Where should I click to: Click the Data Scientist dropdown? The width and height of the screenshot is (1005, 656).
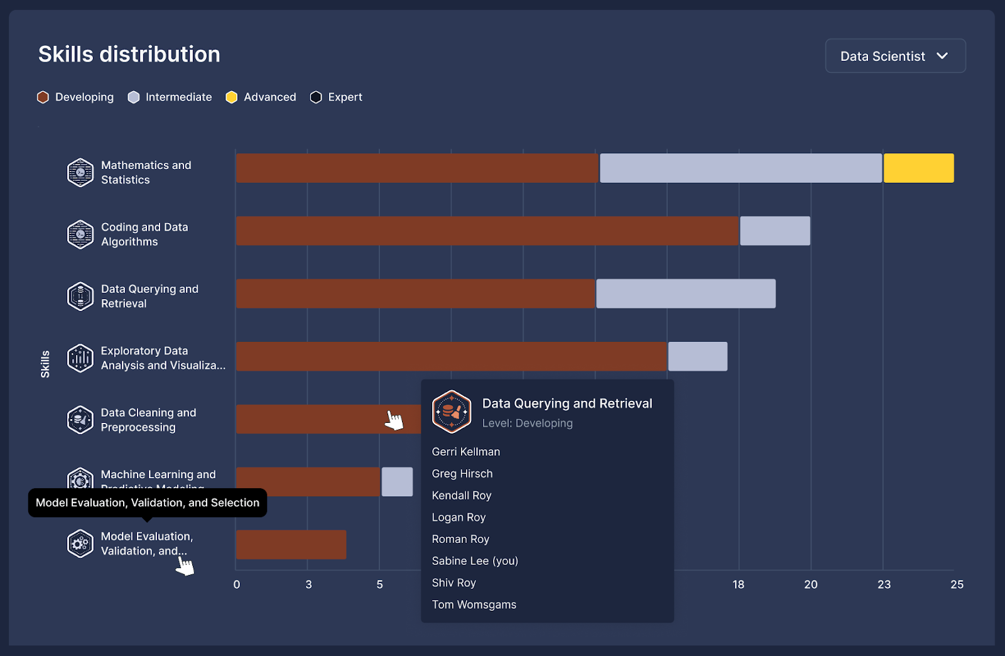[x=894, y=56]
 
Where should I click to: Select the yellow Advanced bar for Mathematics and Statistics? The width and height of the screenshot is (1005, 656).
[x=918, y=168]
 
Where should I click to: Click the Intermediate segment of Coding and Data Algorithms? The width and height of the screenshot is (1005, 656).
[x=774, y=231]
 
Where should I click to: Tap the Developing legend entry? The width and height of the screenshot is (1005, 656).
[x=75, y=97]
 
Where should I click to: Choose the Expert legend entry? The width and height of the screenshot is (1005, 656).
[x=337, y=97]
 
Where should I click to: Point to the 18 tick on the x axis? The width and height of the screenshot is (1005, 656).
[x=739, y=584]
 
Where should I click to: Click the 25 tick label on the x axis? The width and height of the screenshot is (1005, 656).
[x=957, y=584]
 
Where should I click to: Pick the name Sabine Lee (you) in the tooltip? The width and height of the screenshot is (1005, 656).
[x=475, y=561]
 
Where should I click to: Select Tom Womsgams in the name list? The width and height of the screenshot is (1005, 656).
[x=474, y=604]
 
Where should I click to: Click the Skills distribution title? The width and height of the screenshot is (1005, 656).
[x=129, y=55]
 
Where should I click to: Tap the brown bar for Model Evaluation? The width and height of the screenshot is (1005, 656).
[x=291, y=545]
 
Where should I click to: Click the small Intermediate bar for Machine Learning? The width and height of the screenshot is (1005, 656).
[x=397, y=482]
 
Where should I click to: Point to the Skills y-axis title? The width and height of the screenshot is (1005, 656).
[x=45, y=364]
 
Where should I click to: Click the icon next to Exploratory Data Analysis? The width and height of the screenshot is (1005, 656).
[x=80, y=358]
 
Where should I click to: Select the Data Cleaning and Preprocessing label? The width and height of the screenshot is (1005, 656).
[x=148, y=420]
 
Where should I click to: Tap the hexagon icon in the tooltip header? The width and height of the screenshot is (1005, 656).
[x=452, y=412]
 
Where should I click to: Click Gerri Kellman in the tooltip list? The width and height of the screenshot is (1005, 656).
[x=466, y=452]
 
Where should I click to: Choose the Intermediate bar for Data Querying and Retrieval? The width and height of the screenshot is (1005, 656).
[x=685, y=294]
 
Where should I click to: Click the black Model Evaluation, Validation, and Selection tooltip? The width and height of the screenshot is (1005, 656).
[x=148, y=503]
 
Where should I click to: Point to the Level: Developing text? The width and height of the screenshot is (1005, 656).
[x=528, y=424]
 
